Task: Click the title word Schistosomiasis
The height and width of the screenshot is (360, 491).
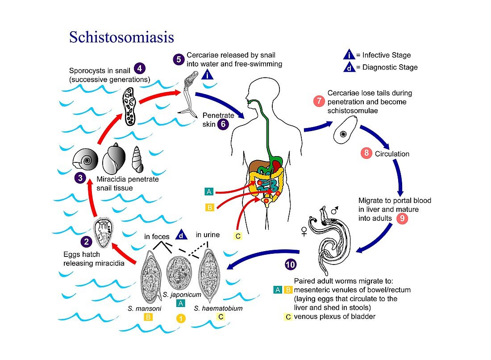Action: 121,37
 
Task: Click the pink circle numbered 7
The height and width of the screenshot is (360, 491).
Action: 319,101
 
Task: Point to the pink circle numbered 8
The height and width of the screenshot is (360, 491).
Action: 366,153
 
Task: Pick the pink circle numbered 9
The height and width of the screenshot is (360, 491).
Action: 402,219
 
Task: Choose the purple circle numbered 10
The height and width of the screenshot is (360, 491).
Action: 290,265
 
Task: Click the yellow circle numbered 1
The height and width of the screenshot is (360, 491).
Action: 180,318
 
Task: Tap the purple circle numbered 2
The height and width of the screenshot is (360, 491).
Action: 87,242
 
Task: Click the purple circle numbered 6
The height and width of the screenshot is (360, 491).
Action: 223,124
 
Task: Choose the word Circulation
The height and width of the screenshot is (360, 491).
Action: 392,154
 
